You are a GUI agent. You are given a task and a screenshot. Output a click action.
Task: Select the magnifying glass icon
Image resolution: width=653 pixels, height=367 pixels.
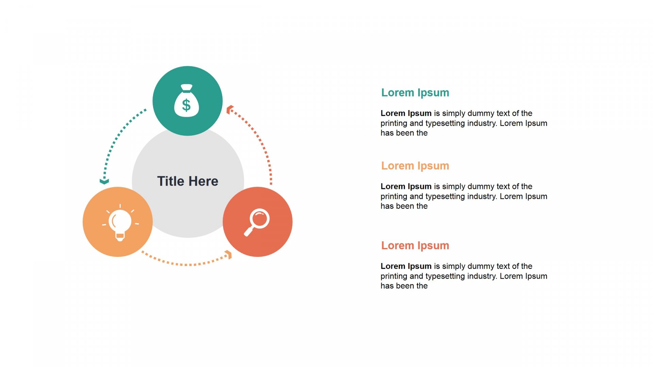[257, 222]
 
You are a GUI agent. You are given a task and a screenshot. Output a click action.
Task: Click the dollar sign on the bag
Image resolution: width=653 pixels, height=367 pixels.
[186, 105]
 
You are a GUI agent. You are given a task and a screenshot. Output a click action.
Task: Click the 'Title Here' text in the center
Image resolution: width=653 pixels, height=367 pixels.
[188, 181]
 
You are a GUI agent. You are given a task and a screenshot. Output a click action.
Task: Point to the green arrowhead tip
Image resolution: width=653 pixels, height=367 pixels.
[104, 183]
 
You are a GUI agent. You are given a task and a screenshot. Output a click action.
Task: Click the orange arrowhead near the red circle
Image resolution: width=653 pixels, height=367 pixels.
[229, 255]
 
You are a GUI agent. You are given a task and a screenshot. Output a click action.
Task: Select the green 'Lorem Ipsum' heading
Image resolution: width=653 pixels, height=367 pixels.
[415, 92]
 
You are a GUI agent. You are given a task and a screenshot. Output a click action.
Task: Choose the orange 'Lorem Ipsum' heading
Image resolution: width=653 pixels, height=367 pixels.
[415, 165]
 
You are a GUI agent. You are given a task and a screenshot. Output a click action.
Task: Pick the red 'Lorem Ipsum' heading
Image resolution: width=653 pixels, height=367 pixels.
[415, 245]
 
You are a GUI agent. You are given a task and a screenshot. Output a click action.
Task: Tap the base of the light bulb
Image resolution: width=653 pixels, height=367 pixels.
[120, 237]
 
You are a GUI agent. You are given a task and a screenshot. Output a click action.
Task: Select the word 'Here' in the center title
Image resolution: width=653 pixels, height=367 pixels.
[203, 181]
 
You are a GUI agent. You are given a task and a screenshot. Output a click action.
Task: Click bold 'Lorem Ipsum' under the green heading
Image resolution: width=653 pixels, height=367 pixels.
[406, 113]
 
